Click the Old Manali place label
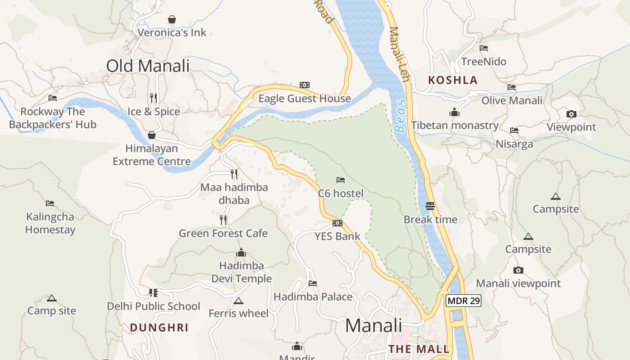pos(148,66)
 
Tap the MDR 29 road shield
pos(463,301)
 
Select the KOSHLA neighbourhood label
pos(453,81)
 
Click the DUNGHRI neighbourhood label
pos(159,328)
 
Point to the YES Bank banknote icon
pos(337,223)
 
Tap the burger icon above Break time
pos(430,207)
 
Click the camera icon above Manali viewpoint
pos(518,270)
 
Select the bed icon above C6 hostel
pos(341,180)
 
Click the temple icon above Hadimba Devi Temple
pos(241,252)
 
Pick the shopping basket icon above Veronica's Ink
pos(172,19)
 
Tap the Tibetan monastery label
pos(454,126)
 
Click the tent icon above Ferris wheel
pos(238,301)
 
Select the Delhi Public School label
pos(153,306)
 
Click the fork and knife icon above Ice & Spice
pos(153,98)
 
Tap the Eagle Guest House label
pos(305,99)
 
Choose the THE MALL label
pos(419,349)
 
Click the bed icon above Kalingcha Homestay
pos(50,203)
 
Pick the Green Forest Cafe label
pos(223,234)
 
